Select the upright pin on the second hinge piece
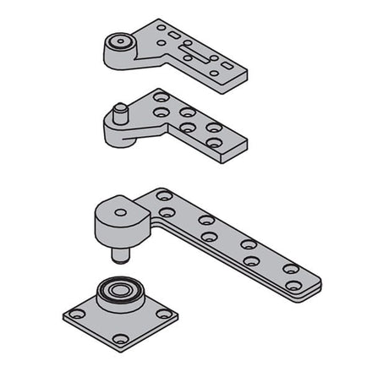coord(120,112)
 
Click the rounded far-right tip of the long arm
coord(315,281)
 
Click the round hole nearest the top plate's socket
coord(161,27)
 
